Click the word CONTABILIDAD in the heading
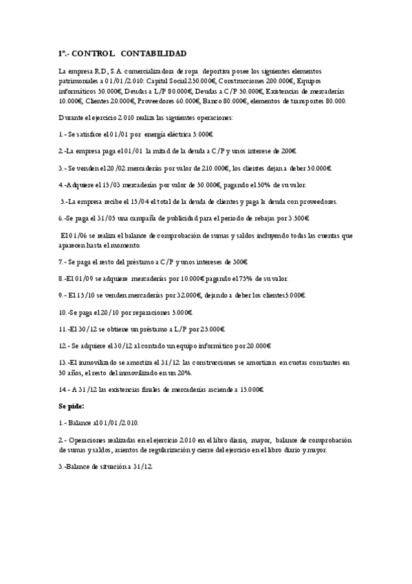point(152,53)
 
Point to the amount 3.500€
point(296,218)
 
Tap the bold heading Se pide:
point(72,406)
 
